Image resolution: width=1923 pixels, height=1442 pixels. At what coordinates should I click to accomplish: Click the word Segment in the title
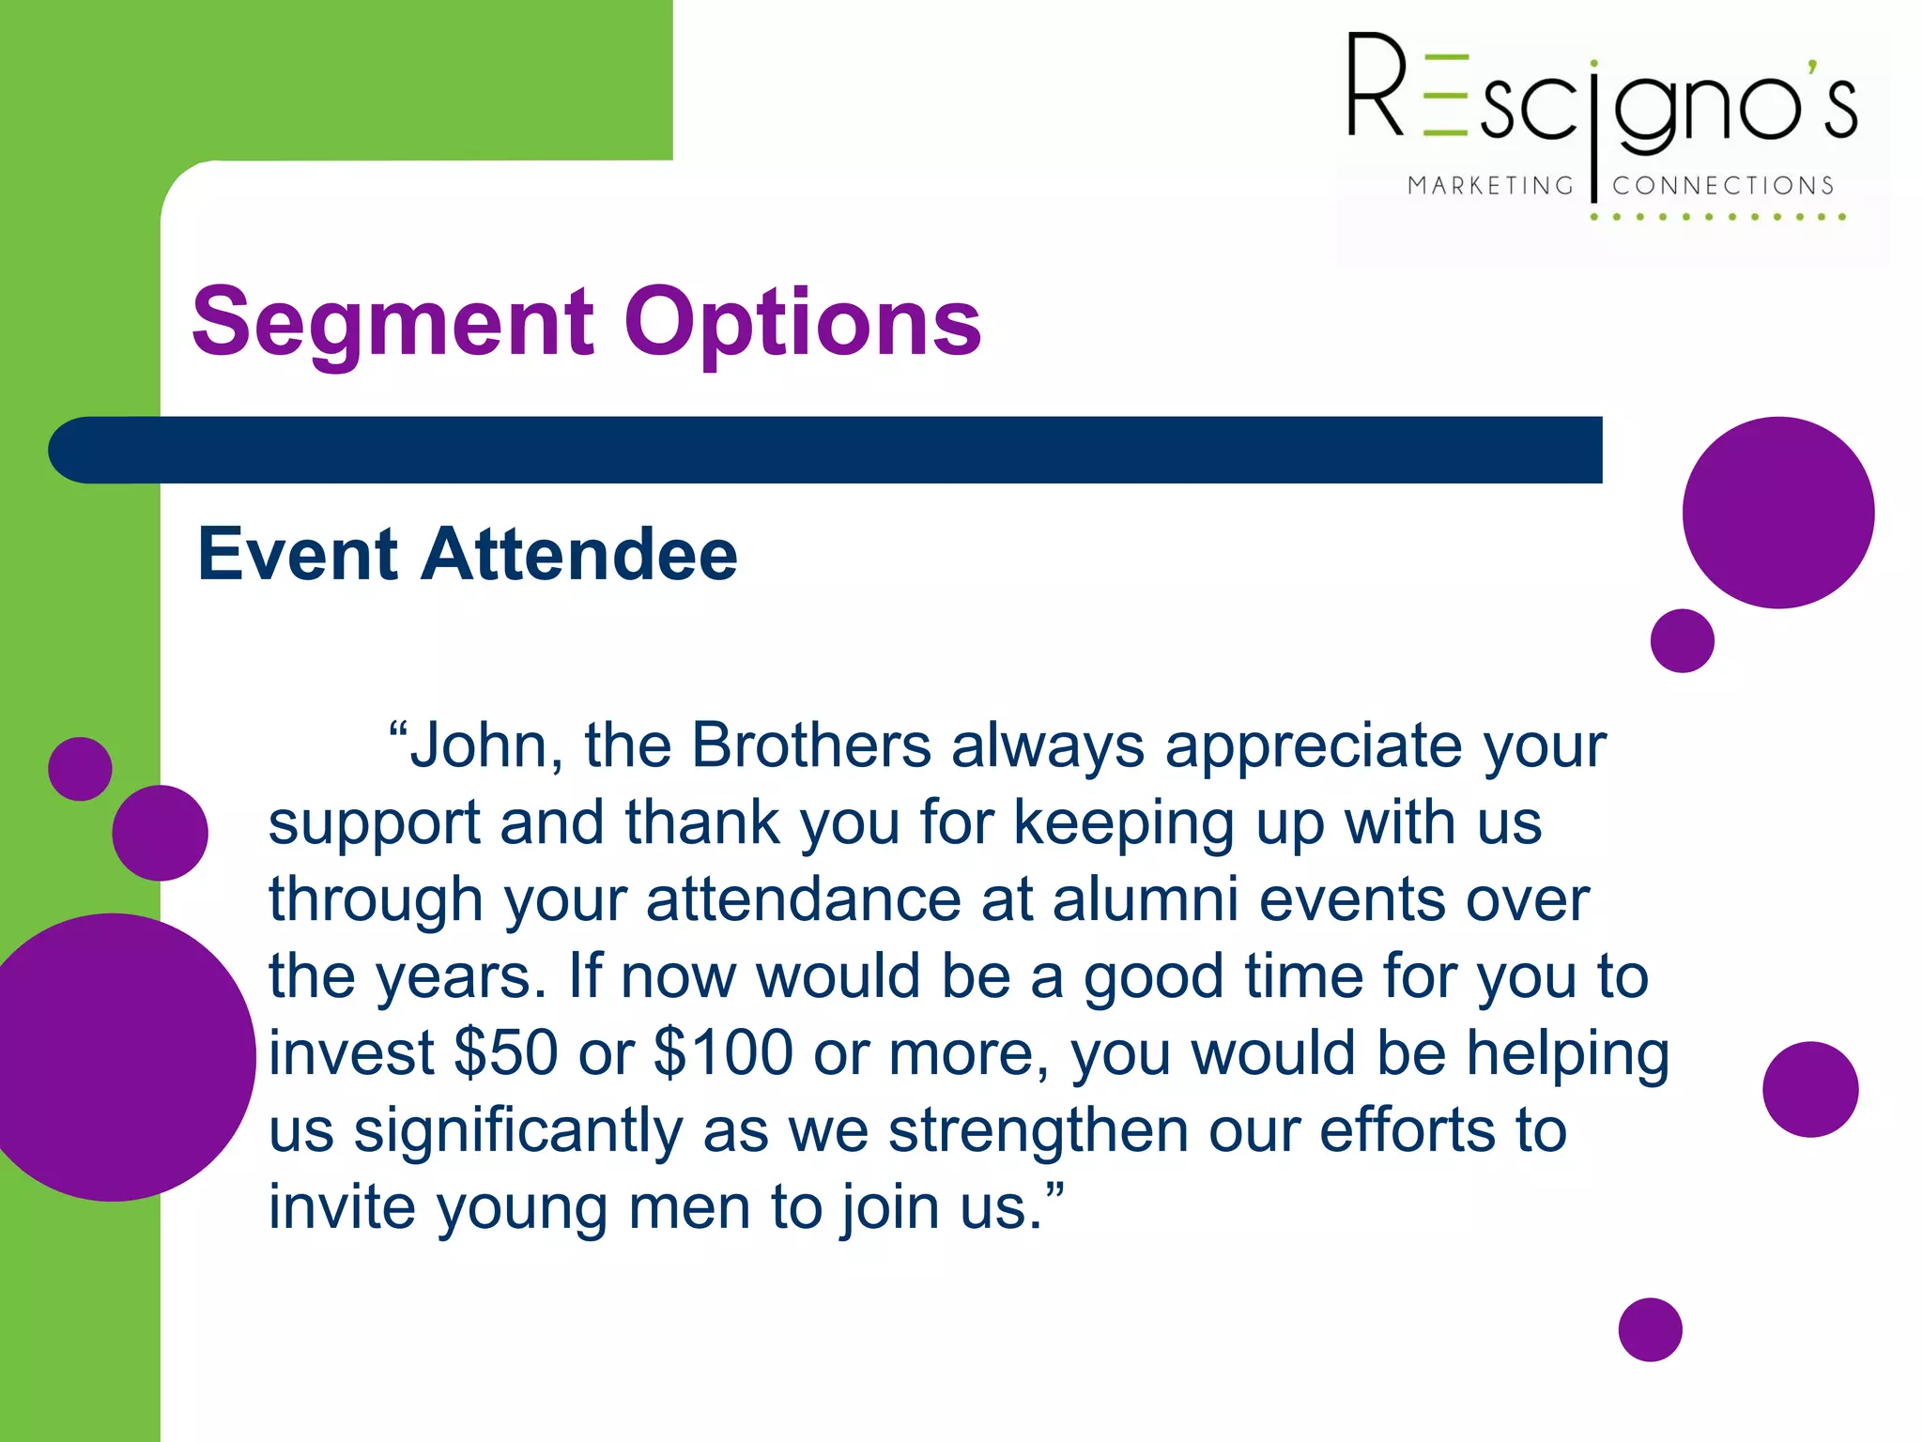click(x=392, y=324)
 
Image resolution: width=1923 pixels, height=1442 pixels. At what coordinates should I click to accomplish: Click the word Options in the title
click(x=802, y=324)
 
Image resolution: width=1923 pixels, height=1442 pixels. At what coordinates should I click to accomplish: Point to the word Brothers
click(x=811, y=746)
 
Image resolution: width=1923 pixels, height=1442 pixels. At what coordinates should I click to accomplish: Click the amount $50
click(x=506, y=1053)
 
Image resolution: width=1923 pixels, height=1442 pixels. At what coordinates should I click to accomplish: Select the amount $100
click(x=723, y=1053)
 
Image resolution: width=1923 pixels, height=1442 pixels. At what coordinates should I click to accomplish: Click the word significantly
click(x=517, y=1130)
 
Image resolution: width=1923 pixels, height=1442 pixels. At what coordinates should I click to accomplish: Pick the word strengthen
click(x=1038, y=1130)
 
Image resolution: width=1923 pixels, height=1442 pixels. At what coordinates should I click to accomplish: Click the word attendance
click(x=804, y=899)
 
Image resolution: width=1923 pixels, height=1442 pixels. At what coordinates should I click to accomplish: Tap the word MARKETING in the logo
click(x=1490, y=186)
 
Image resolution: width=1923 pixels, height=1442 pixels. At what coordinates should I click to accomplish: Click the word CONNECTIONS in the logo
click(x=1723, y=186)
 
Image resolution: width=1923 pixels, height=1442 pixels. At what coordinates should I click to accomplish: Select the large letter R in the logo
click(x=1376, y=86)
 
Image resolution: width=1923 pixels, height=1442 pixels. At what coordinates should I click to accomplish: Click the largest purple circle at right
click(x=1777, y=513)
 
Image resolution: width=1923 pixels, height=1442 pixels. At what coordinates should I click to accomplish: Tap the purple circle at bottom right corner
click(x=1650, y=1329)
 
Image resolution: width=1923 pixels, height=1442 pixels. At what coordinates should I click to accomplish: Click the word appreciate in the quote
click(x=1313, y=746)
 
